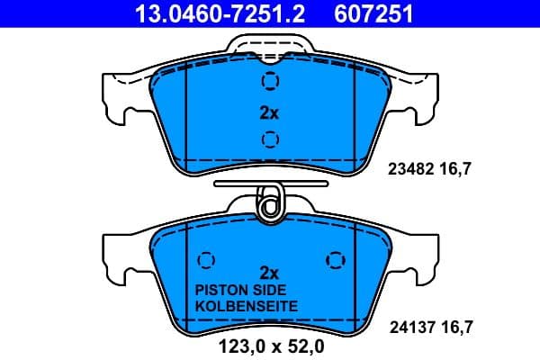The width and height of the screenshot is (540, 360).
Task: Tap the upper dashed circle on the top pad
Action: tap(269, 81)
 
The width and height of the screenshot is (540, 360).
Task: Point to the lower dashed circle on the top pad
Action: tap(269, 139)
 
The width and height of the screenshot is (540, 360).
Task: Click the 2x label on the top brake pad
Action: tap(269, 113)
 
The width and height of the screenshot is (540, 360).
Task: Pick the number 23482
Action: tap(410, 167)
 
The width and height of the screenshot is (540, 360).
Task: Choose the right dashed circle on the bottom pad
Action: tap(335, 259)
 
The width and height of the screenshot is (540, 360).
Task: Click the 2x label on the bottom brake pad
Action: tap(269, 271)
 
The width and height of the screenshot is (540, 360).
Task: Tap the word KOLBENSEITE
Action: tap(246, 306)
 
